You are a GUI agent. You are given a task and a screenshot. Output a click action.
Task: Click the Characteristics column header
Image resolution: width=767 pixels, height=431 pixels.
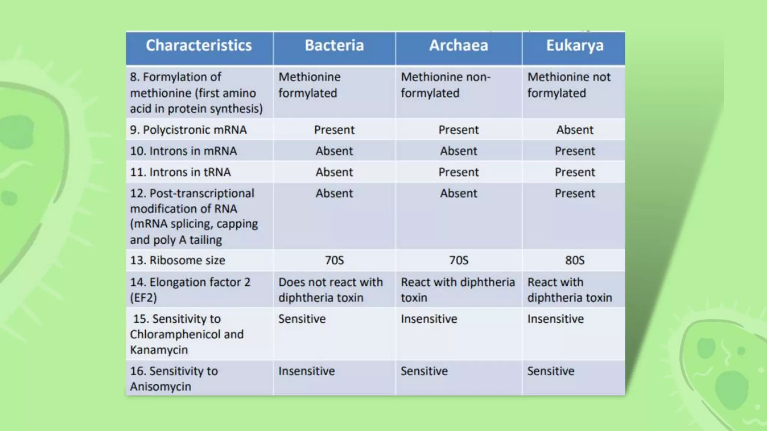pyautogui.click(x=198, y=46)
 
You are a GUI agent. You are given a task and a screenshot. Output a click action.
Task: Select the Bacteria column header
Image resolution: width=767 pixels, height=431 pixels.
pyautogui.click(x=334, y=46)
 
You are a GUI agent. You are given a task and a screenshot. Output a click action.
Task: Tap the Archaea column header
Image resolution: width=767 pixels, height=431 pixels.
pyautogui.click(x=458, y=46)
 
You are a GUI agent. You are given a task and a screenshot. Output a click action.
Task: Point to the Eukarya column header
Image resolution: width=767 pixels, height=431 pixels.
pyautogui.click(x=575, y=46)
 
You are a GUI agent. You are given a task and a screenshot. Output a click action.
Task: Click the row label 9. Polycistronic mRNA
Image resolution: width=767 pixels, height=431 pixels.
pyautogui.click(x=188, y=130)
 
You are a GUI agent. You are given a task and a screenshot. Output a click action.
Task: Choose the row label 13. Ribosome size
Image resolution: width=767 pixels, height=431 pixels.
pyautogui.click(x=178, y=260)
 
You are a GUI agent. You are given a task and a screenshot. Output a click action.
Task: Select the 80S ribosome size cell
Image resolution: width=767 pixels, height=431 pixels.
pyautogui.click(x=575, y=260)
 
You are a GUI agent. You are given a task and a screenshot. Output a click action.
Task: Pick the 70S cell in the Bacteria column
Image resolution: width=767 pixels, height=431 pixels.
pyautogui.click(x=334, y=260)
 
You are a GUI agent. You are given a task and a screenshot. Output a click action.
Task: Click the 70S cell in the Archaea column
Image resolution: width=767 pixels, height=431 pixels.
pyautogui.click(x=458, y=260)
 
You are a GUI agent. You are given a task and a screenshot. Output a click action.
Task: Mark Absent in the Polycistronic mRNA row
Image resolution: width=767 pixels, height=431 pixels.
pyautogui.click(x=575, y=130)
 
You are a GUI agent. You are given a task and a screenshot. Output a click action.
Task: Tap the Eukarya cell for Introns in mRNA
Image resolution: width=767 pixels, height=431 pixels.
pyautogui.click(x=575, y=151)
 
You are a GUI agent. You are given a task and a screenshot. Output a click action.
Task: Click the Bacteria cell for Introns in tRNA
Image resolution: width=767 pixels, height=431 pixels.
pyautogui.click(x=334, y=172)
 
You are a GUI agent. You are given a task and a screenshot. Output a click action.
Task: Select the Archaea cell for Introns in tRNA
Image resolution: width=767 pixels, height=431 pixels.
pyautogui.click(x=458, y=172)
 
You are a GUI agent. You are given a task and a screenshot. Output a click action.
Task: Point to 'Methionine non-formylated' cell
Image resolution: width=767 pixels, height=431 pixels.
pyautogui.click(x=445, y=85)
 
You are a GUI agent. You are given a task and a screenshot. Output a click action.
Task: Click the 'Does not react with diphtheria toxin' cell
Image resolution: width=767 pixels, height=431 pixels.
pyautogui.click(x=330, y=290)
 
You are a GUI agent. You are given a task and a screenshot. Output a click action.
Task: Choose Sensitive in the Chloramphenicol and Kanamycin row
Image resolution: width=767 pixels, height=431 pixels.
pyautogui.click(x=302, y=319)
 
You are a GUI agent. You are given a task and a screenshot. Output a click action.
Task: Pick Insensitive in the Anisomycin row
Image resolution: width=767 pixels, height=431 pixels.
pyautogui.click(x=306, y=371)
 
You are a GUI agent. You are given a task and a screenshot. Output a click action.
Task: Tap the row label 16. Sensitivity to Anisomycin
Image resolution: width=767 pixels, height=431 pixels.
pyautogui.click(x=174, y=379)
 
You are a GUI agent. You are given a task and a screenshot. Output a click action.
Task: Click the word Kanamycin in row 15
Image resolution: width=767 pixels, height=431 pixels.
pyautogui.click(x=159, y=350)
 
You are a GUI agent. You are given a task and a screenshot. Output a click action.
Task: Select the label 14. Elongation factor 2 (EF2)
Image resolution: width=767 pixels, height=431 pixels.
pyautogui.click(x=190, y=290)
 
